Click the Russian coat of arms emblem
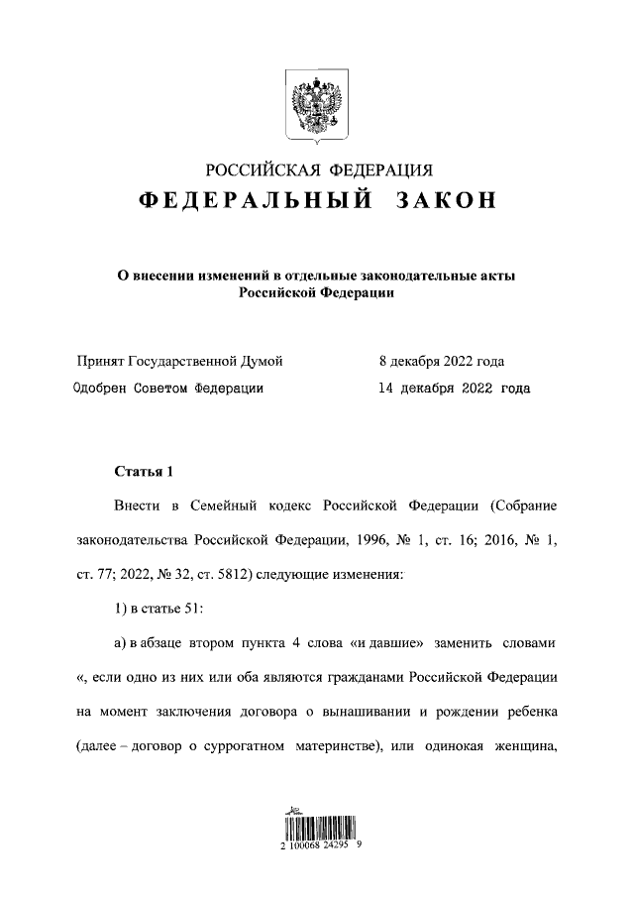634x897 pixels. (317, 103)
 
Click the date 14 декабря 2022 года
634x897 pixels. (454, 389)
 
